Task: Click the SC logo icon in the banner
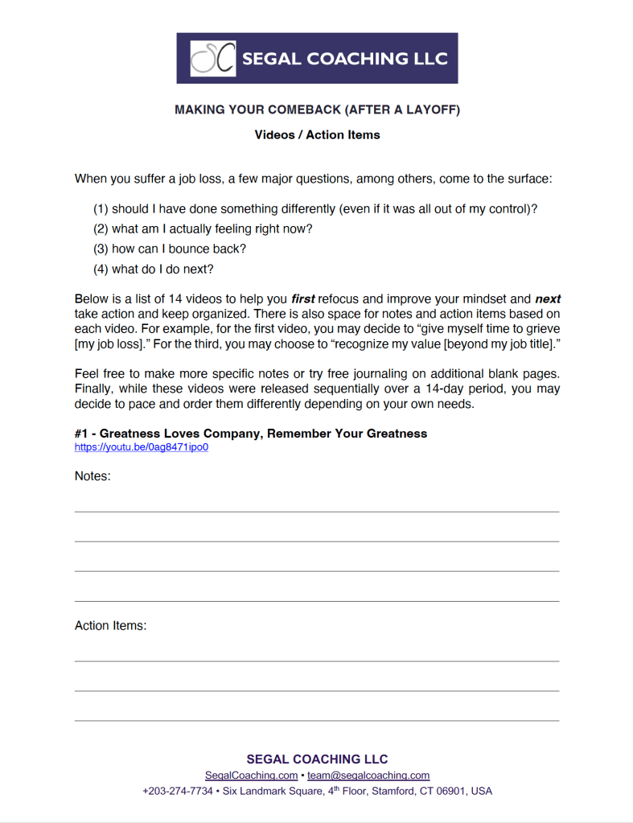coord(213,59)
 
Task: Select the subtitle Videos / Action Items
coord(317,135)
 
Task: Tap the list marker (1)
coord(101,209)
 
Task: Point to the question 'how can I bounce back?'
coord(179,249)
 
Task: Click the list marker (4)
coord(101,269)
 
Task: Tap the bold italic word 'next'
coord(548,299)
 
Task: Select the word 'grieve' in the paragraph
coord(542,329)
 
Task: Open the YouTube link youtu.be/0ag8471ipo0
coord(142,447)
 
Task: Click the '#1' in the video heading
coord(82,434)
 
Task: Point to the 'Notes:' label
coord(92,476)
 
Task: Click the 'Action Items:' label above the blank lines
coord(111,625)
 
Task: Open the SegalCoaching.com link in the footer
coord(251,776)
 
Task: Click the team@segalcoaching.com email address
coord(368,776)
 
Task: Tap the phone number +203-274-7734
coord(178,791)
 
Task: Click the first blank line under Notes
coord(317,510)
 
